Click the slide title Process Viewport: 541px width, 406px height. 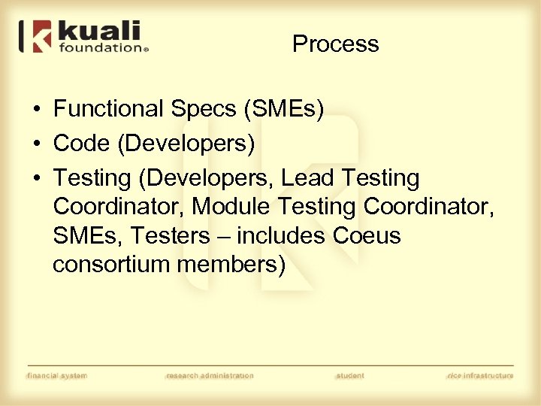[x=335, y=44]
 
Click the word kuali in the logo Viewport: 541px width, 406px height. [x=98, y=32]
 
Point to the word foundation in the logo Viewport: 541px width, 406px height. [x=98, y=47]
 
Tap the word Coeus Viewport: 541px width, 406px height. [x=366, y=235]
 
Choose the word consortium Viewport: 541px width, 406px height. [x=111, y=265]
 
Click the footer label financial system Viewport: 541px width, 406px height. [x=57, y=375]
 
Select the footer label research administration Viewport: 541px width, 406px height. [x=210, y=375]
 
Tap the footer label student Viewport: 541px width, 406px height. [x=349, y=375]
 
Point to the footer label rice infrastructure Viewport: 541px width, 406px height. [x=479, y=375]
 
